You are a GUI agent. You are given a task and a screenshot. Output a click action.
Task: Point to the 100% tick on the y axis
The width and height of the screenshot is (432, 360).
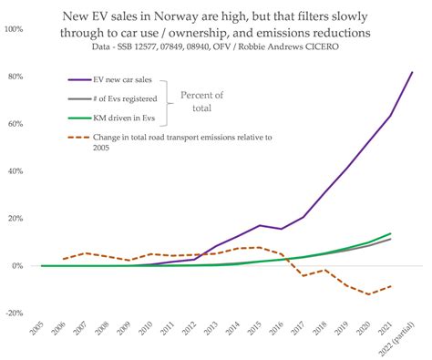coord(14,29)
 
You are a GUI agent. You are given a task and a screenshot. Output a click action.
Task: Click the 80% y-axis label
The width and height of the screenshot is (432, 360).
coord(15,77)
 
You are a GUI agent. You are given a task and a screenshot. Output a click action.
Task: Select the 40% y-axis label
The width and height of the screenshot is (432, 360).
coord(15,171)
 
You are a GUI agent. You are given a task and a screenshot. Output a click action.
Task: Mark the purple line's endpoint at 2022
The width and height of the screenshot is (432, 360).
coord(412,72)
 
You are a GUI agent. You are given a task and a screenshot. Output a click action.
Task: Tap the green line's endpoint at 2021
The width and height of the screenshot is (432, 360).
coord(390,234)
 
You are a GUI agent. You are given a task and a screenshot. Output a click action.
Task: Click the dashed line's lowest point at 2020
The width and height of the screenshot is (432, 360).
coord(368,294)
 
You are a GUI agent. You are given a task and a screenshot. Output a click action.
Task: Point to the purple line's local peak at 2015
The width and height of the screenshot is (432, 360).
coord(259,225)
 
